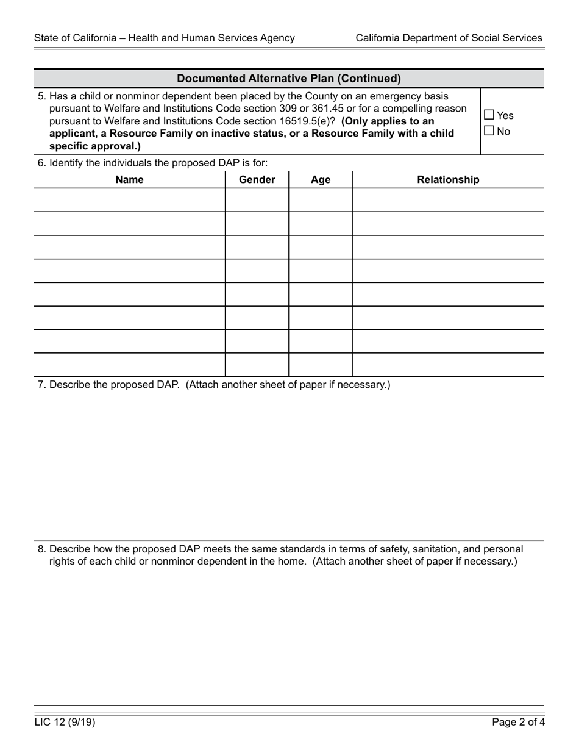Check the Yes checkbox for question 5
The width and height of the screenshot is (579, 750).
(x=489, y=115)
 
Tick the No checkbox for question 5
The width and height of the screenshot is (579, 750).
(x=489, y=130)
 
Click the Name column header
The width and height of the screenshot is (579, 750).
(x=129, y=179)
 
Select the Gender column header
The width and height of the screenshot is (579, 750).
(x=257, y=179)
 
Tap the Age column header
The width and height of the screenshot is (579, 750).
(x=321, y=179)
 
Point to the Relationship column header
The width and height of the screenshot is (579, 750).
(x=448, y=179)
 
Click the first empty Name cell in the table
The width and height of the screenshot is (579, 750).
(x=129, y=200)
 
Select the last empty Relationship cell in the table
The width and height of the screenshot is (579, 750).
(x=448, y=365)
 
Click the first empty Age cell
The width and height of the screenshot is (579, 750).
(x=321, y=200)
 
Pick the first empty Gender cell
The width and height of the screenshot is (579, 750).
(x=257, y=200)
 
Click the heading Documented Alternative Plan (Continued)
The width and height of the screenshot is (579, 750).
(x=288, y=79)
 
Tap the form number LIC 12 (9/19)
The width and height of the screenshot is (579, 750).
(x=65, y=723)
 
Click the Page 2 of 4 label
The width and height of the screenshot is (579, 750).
(x=519, y=723)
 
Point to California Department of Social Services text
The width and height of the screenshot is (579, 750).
(x=449, y=38)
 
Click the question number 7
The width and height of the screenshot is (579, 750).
(x=41, y=385)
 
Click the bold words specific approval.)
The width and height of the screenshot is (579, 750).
(x=94, y=146)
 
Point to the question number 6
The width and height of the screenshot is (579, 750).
(x=41, y=163)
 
